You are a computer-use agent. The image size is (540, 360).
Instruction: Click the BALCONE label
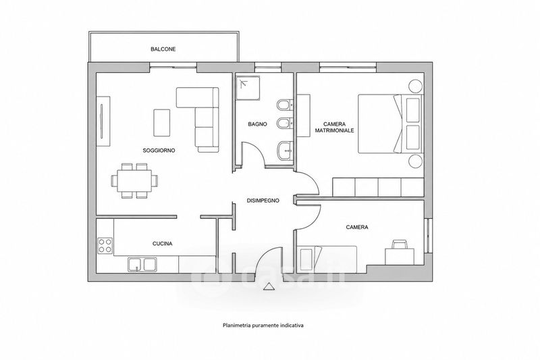pyautogui.click(x=163, y=49)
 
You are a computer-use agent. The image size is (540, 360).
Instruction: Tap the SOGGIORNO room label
pyautogui.click(x=159, y=151)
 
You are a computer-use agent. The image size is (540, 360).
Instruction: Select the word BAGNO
pyautogui.click(x=257, y=124)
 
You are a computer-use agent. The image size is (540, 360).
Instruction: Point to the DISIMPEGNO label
pyautogui.click(x=263, y=201)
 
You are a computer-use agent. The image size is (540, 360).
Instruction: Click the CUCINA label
pyautogui.click(x=163, y=244)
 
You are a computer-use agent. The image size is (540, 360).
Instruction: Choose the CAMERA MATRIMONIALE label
pyautogui.click(x=334, y=127)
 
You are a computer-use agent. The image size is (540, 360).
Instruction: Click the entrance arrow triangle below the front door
pyautogui.click(x=269, y=286)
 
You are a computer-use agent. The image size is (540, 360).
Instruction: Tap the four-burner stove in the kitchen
pyautogui.click(x=105, y=245)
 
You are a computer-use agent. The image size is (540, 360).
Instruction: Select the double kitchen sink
pyautogui.click(x=142, y=265)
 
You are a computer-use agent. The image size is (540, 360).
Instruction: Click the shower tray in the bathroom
pyautogui.click(x=247, y=88)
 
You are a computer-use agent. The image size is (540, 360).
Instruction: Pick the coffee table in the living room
pyautogui.click(x=162, y=123)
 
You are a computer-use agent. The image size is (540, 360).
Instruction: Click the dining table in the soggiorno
pyautogui.click(x=135, y=180)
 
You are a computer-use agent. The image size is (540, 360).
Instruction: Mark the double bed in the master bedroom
pyautogui.click(x=390, y=124)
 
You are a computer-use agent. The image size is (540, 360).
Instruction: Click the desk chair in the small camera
pyautogui.click(x=399, y=244)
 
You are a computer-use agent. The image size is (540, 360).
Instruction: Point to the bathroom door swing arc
pyautogui.click(x=255, y=151)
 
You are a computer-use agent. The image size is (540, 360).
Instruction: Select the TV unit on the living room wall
pyautogui.click(x=103, y=122)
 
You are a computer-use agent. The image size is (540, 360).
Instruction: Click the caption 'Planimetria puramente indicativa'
pyautogui.click(x=263, y=325)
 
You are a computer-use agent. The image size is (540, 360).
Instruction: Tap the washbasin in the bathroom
pyautogui.click(x=284, y=151)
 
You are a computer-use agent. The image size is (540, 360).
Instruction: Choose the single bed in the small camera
pyautogui.click(x=327, y=259)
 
